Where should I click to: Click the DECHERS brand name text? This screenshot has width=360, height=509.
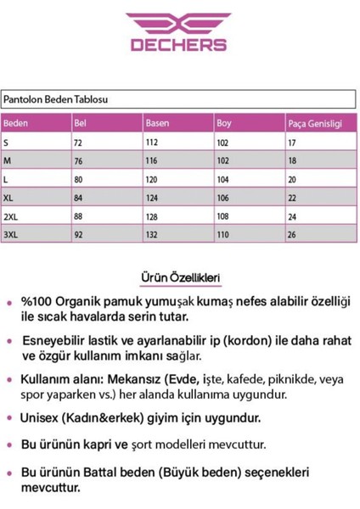coord(177,45)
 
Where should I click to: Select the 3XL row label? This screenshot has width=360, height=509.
coord(12,232)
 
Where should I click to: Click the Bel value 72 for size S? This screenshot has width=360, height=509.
coord(81,143)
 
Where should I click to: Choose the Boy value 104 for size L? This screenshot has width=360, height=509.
coord(223,178)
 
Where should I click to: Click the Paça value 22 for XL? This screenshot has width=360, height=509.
coord(292,196)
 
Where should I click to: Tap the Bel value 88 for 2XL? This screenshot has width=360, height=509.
coord(81,214)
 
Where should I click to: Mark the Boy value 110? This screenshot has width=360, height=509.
coord(223,232)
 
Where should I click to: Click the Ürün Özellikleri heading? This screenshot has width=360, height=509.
coord(179,277)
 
